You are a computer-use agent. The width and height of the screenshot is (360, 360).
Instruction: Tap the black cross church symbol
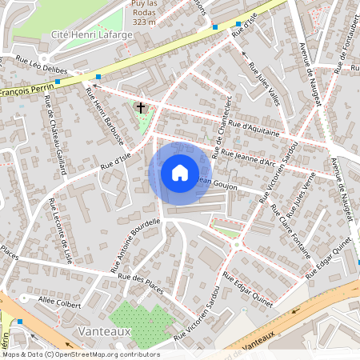click(x=142, y=106)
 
